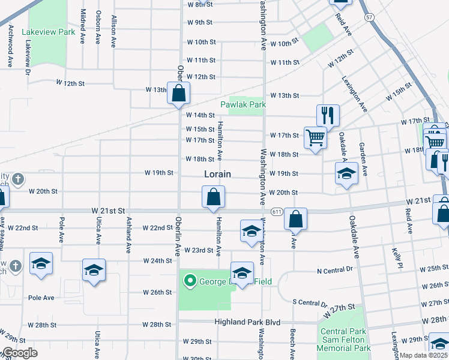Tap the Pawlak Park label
tap(243, 104)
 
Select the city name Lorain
tap(217, 175)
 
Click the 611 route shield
tap(277, 212)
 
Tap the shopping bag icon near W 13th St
tap(178, 94)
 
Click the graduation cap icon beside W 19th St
tap(346, 174)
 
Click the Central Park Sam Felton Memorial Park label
tap(345, 340)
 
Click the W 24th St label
tap(158, 261)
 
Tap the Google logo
tap(19, 353)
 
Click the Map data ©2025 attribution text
tap(424, 355)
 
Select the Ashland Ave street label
tap(128, 235)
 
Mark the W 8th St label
tap(200, 4)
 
